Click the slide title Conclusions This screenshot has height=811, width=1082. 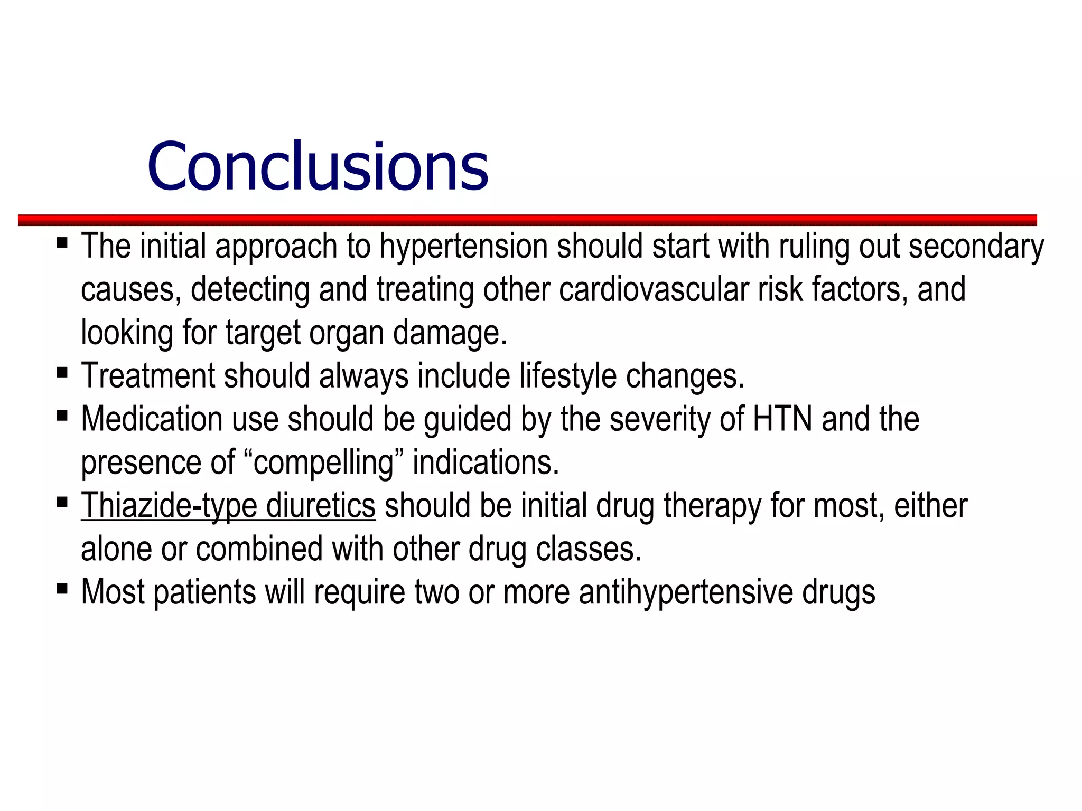[318, 166]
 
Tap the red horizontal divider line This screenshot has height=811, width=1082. [527, 220]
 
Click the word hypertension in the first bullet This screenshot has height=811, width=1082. [463, 247]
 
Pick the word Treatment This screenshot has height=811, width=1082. [148, 376]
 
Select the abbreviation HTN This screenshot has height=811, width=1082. [782, 419]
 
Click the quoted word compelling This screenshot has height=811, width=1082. [324, 463]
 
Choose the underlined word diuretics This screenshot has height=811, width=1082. [321, 506]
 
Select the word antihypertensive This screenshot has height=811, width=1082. [686, 592]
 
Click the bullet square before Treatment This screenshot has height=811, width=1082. [62, 373]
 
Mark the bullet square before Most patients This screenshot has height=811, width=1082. [62, 589]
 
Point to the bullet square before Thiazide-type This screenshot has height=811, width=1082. [62, 502]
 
